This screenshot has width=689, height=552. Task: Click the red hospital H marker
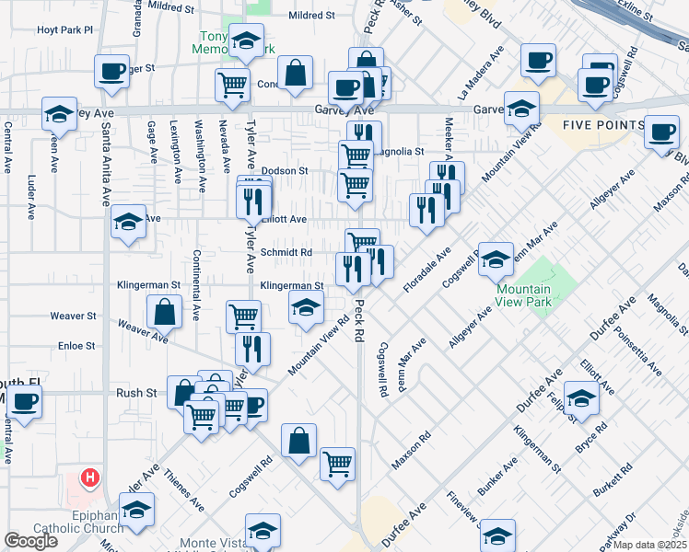[x=90, y=477]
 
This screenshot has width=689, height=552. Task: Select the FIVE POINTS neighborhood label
[x=604, y=125]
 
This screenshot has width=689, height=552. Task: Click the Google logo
[x=30, y=541]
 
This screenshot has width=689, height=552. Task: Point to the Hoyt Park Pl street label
[x=65, y=30]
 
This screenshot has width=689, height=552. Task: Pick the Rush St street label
[x=135, y=392]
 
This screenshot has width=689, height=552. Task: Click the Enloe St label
[x=77, y=345]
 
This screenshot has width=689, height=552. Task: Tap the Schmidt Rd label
[x=286, y=252]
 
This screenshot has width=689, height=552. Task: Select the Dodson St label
[x=284, y=171]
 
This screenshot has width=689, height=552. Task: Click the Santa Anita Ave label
[x=107, y=166]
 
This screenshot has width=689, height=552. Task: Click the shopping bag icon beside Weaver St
[x=163, y=311]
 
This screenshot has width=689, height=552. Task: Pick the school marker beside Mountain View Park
[x=496, y=260]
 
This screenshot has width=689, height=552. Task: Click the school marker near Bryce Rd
[x=581, y=399]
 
